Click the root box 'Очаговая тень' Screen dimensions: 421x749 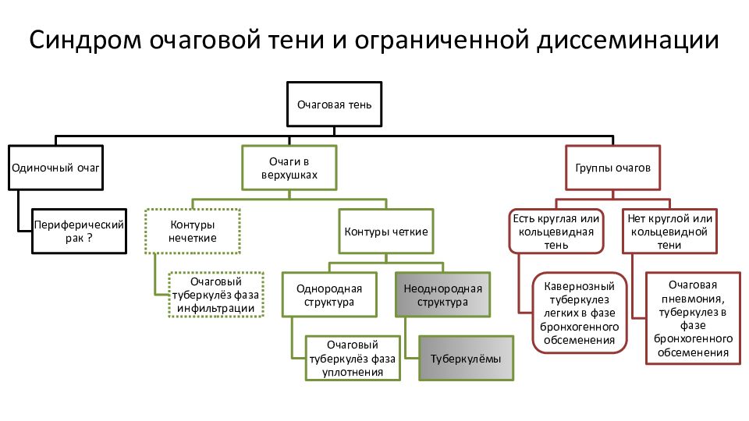coord(335,104)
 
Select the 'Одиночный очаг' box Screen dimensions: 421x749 coord(56,167)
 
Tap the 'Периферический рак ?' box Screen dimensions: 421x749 coord(79,231)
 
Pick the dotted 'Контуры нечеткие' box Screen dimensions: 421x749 coord(193,231)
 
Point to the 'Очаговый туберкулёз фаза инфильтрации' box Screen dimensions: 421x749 coord(216,294)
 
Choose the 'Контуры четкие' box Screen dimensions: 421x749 coord(386,231)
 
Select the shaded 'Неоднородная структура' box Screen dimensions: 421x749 coord(443,295)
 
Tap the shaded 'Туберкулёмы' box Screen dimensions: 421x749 coord(467,359)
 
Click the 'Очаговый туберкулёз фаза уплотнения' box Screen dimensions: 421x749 coord(353,359)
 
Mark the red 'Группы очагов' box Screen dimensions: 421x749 coord(612,167)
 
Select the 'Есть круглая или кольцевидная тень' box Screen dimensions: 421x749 coord(556,231)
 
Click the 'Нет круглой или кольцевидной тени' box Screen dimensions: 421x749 coord(670,231)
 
